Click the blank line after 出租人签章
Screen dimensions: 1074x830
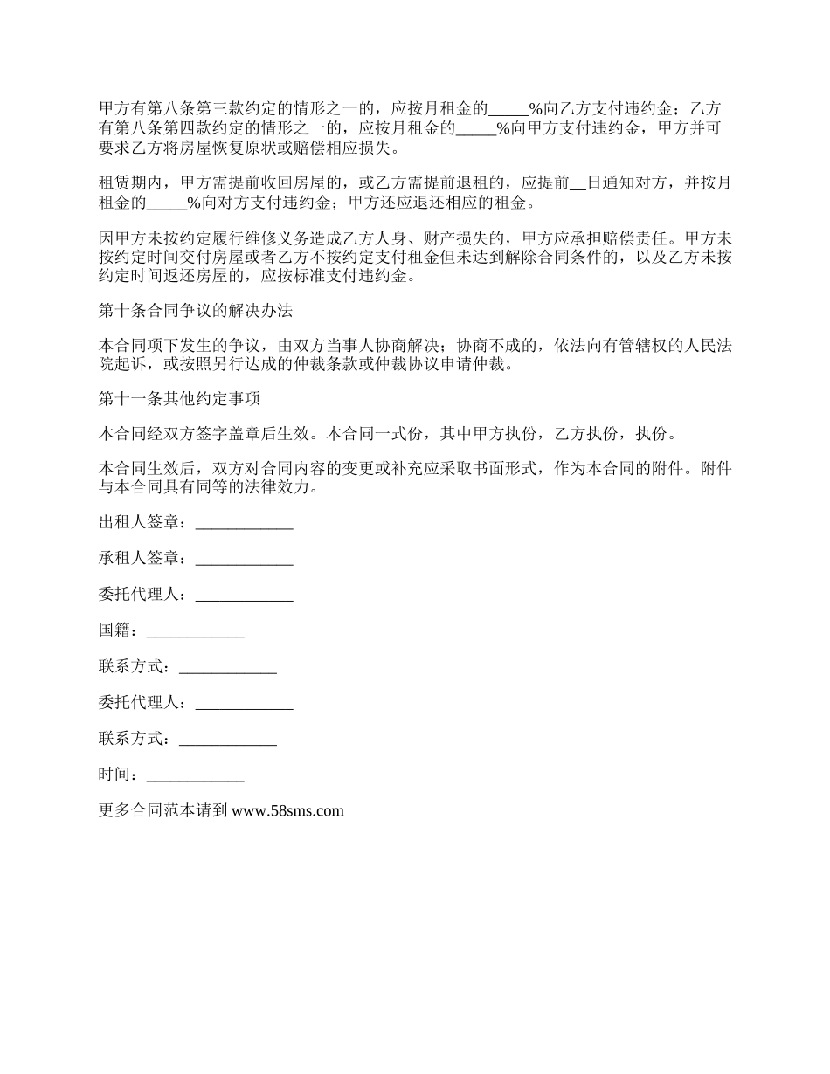point(244,523)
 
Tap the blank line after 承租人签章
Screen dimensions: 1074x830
point(244,559)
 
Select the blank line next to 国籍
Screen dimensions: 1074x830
point(195,630)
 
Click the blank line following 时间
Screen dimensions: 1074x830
point(195,775)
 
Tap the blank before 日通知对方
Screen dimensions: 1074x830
point(578,185)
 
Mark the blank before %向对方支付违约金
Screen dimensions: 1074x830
point(166,204)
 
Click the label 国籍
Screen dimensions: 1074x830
point(116,630)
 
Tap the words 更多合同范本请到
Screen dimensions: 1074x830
point(163,810)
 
